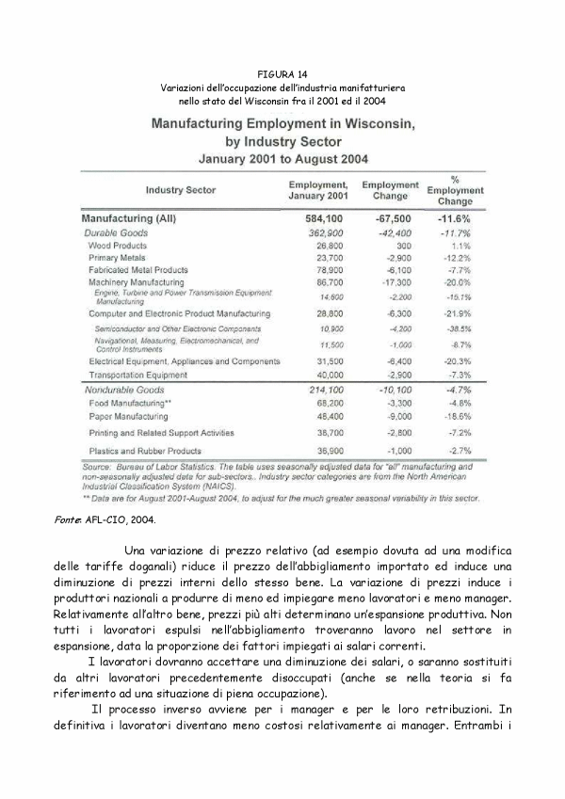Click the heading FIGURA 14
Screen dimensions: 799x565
(282, 73)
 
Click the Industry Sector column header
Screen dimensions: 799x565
(181, 190)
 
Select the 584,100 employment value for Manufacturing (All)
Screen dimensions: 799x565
(318, 218)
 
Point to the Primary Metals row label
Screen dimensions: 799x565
(117, 257)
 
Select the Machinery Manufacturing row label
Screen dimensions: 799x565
(137, 281)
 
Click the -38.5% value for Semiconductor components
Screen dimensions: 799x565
(457, 328)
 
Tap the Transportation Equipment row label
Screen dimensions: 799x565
(138, 374)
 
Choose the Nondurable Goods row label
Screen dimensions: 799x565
(125, 389)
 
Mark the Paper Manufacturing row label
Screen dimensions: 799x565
(129, 415)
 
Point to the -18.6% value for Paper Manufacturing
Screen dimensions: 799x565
(457, 415)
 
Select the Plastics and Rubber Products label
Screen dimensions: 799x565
(145, 450)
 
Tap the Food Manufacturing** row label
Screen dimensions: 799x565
(130, 403)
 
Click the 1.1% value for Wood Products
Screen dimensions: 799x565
(460, 245)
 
